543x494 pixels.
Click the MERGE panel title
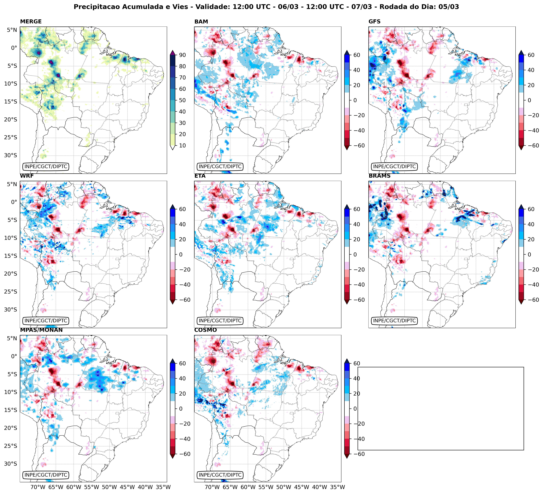click(x=31, y=22)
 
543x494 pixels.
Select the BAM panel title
click(x=201, y=22)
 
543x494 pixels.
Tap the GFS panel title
click(x=374, y=22)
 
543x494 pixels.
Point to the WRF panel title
click(x=27, y=176)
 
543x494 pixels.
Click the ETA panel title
click(x=200, y=176)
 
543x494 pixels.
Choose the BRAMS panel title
click(x=379, y=176)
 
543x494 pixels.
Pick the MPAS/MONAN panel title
click(x=41, y=330)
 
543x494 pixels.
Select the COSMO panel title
click(x=205, y=330)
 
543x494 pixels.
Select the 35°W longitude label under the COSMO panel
click(x=338, y=487)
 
